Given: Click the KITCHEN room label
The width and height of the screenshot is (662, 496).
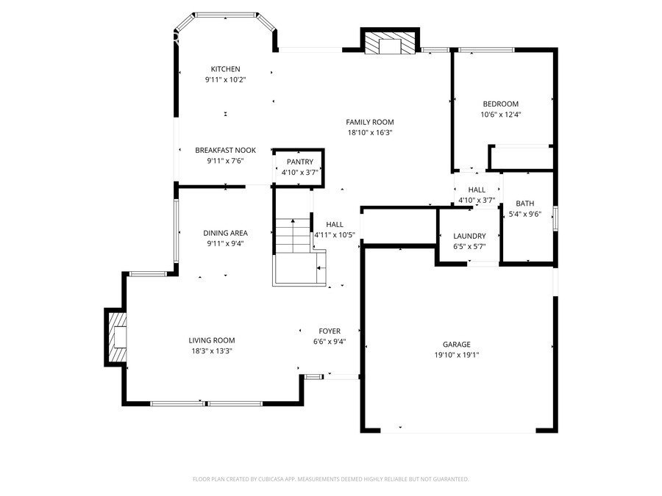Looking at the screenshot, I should click(225, 69).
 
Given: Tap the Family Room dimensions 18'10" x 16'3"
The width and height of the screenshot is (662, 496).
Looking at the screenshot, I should click(370, 133).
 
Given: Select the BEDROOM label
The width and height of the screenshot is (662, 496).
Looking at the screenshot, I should click(500, 104).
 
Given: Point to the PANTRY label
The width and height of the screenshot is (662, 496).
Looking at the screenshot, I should click(299, 162).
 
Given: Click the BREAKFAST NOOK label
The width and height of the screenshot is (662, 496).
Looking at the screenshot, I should click(225, 150).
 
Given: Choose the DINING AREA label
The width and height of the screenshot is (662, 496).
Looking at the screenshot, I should click(225, 233).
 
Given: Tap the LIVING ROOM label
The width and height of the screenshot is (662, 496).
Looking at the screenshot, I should click(212, 340).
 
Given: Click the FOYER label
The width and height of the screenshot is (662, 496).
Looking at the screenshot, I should click(329, 331).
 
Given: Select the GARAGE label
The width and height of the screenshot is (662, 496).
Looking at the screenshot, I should click(456, 344).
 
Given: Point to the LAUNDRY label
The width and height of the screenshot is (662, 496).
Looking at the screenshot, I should click(469, 236).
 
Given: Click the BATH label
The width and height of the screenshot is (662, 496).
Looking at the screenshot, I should click(524, 204).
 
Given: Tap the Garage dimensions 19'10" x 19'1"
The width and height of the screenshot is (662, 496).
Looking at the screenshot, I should click(456, 354).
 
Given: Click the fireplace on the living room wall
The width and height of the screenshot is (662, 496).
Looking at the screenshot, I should click(118, 337).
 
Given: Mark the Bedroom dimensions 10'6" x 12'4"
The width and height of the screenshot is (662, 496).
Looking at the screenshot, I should click(500, 114).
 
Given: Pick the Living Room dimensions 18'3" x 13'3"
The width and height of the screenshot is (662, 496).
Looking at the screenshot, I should click(212, 351).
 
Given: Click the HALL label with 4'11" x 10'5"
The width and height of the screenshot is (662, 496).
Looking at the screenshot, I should click(335, 225).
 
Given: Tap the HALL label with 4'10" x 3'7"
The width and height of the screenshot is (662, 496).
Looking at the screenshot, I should click(477, 190).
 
